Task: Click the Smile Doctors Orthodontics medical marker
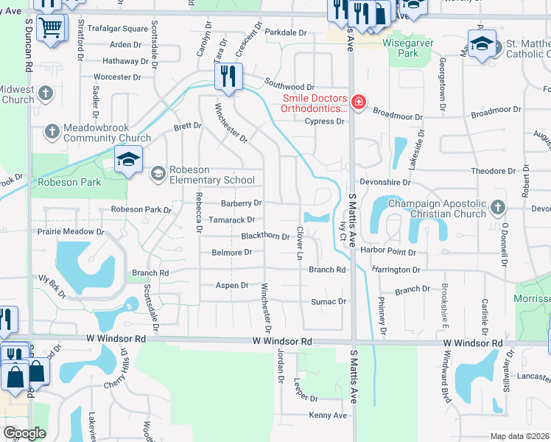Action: pos(358,102)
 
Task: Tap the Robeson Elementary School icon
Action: pos(157,174)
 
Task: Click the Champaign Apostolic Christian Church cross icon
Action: pos(498,208)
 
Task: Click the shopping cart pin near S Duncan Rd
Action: pos(51,29)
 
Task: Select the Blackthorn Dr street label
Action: pos(265,236)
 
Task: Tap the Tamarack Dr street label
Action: pos(231,220)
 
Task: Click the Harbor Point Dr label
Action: pos(389,251)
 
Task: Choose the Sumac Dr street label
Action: pos(329,301)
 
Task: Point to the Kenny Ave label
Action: pos(328,415)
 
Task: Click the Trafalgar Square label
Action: pos(118,29)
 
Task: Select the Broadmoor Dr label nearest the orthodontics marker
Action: pos(398,116)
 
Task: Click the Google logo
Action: pos(24,433)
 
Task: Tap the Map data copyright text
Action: pos(520,436)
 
